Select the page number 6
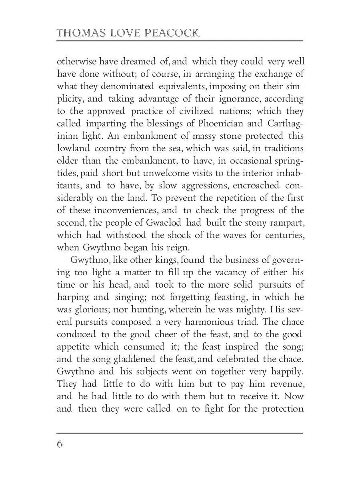coord(60,444)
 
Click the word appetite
coord(72,347)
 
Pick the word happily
coord(286,372)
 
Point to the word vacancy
coord(226,272)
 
